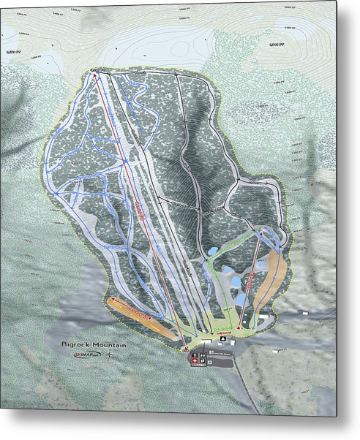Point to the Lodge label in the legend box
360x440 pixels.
pos(219,352)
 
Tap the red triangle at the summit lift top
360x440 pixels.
pos(95,73)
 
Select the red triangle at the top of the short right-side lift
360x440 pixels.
pos(260,234)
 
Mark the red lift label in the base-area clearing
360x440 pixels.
pos(224,332)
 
